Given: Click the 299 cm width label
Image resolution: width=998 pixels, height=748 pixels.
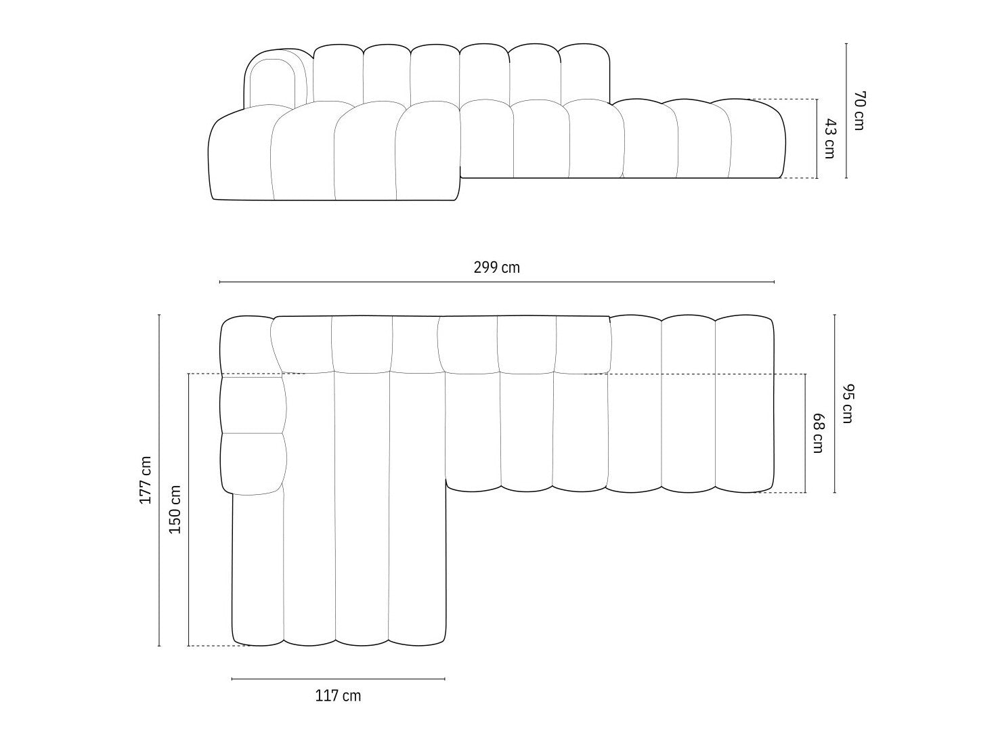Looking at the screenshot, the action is point(496,267).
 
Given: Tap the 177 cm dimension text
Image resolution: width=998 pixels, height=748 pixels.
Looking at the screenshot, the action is point(145,480).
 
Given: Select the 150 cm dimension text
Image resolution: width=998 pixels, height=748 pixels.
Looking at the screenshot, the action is point(175,510).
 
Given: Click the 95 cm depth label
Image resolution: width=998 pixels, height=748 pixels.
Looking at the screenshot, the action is point(848,403).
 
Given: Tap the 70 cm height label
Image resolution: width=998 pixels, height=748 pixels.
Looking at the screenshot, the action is point(859,110).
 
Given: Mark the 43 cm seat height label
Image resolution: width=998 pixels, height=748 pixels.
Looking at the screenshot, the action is point(830,139).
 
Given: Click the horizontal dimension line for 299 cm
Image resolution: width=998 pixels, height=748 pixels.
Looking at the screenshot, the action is point(497,282).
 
